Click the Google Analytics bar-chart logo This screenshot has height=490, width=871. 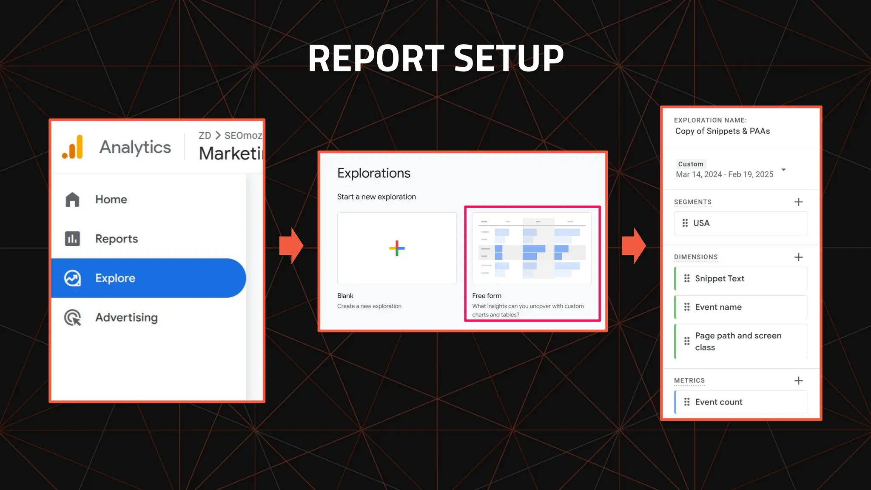[x=73, y=147]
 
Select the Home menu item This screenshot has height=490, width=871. [x=111, y=199]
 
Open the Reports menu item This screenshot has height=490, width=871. [x=116, y=239]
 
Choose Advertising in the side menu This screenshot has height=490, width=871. [x=126, y=317]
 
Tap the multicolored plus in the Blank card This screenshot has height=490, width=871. [x=397, y=248]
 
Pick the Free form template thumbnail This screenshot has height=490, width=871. [x=532, y=248]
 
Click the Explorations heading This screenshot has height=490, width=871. [x=373, y=173]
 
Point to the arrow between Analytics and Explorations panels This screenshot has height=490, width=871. [x=291, y=246]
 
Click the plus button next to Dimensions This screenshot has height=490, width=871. [x=798, y=257]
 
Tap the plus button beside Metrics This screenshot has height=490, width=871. [x=798, y=381]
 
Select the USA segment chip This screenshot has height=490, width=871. [x=740, y=223]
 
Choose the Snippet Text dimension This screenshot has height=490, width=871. [x=740, y=279]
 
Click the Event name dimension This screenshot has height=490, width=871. [x=740, y=307]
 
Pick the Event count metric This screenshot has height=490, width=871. [x=740, y=402]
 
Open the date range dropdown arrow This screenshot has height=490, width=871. [x=783, y=170]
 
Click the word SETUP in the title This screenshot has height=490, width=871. [x=509, y=58]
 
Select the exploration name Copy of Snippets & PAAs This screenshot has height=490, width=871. [x=722, y=131]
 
